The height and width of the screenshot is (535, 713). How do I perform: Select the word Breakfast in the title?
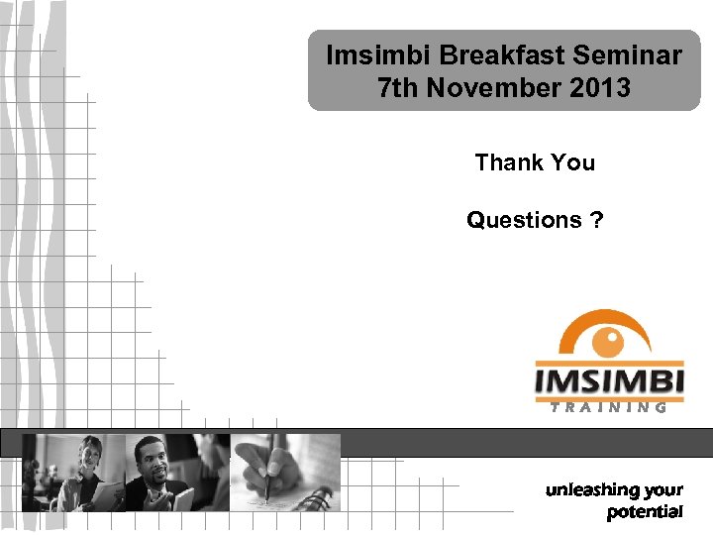tap(482, 55)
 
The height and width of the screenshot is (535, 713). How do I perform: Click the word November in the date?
tap(492, 88)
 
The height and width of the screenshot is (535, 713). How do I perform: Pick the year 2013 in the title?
tap(600, 88)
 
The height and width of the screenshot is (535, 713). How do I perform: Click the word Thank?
tap(505, 162)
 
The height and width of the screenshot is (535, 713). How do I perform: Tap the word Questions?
tap(524, 220)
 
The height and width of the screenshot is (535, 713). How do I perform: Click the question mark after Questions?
tap(595, 220)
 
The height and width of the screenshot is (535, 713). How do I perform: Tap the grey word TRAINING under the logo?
tap(609, 406)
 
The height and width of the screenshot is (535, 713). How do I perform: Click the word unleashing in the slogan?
tap(590, 490)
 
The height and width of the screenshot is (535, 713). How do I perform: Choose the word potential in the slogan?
tap(645, 511)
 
